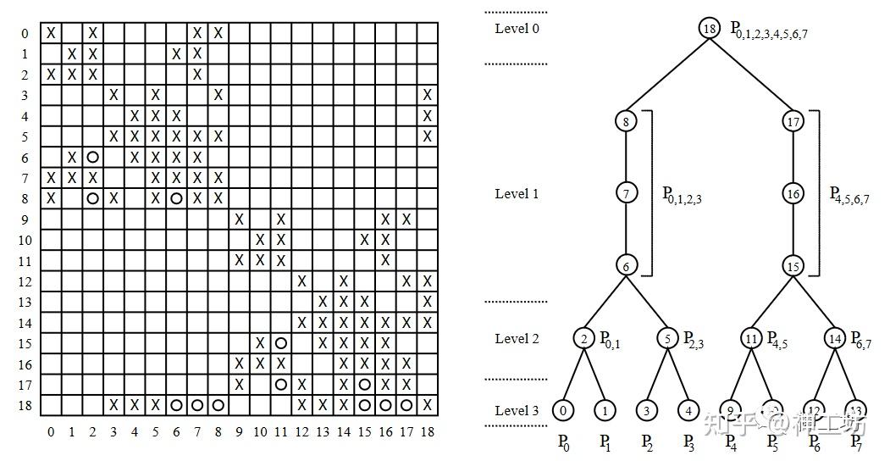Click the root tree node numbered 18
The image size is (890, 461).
[x=710, y=28]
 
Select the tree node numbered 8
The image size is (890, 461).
[x=626, y=121]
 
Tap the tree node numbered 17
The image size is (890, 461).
[x=793, y=121]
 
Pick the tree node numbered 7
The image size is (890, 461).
[x=626, y=194]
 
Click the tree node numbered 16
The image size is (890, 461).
[x=793, y=194]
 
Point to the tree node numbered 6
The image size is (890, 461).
[x=626, y=265]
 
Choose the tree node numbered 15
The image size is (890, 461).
[x=793, y=265]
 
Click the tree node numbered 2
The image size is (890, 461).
[x=584, y=339]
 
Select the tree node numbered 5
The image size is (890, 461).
[x=668, y=339]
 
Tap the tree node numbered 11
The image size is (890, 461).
[x=751, y=339]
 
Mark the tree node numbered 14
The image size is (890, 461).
[x=835, y=339]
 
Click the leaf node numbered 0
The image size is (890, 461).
[x=563, y=411]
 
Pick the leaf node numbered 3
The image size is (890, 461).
[x=647, y=411]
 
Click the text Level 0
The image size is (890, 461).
[x=517, y=28]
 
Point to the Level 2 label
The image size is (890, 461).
[x=517, y=339]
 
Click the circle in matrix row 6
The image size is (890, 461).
[x=92, y=157]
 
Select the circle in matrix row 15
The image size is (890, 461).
[x=280, y=343]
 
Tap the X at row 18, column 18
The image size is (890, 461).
[x=428, y=405]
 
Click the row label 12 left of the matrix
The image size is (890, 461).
[x=25, y=281]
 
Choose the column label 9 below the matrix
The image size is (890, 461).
[x=239, y=431]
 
